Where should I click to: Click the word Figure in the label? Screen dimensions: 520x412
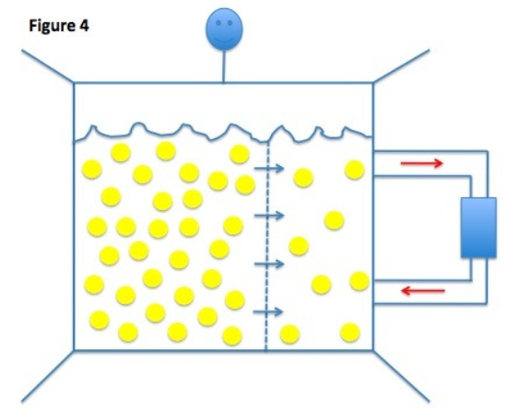click(x=52, y=26)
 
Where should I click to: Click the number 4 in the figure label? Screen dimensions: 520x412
click(x=84, y=25)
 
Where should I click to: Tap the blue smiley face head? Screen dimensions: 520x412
click(x=224, y=29)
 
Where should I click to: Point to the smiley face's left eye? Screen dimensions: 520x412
click(x=219, y=22)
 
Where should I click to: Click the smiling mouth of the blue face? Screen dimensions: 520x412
click(x=224, y=39)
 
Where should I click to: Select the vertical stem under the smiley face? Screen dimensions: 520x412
click(x=223, y=65)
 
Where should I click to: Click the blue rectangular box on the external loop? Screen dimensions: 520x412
click(x=479, y=228)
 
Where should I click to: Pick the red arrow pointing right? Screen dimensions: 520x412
click(x=422, y=163)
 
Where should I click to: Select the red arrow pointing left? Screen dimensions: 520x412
click(x=423, y=291)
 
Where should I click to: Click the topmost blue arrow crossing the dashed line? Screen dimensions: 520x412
click(x=269, y=169)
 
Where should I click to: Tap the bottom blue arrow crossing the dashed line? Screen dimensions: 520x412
click(x=268, y=312)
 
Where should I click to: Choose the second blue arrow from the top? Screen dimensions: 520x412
click(x=269, y=216)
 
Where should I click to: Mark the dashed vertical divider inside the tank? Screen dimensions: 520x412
click(x=267, y=245)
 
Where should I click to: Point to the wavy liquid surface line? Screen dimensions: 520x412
click(x=222, y=134)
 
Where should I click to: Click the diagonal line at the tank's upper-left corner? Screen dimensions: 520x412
click(x=48, y=65)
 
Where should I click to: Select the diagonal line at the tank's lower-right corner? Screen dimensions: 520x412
click(x=401, y=376)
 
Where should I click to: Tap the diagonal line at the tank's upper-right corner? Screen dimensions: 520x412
click(x=401, y=65)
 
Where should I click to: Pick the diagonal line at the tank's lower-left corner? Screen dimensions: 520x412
click(x=48, y=376)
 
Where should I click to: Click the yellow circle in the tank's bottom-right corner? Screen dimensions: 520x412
click(x=349, y=333)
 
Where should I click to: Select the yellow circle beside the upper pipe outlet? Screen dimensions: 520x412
click(x=355, y=170)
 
